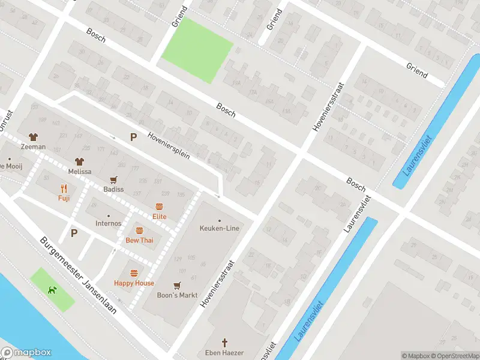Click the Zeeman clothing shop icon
coord(33,137)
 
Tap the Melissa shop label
coord(80,171)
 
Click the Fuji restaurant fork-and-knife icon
coord(64,188)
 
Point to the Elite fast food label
coord(159,217)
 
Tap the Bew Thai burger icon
coord(139,230)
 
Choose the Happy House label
coord(134,283)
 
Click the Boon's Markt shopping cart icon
coord(177,285)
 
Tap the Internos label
coord(108,224)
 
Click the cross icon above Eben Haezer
coord(225,342)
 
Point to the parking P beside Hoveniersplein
coord(133,137)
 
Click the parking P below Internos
coord(74,233)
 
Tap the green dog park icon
coord(53,290)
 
